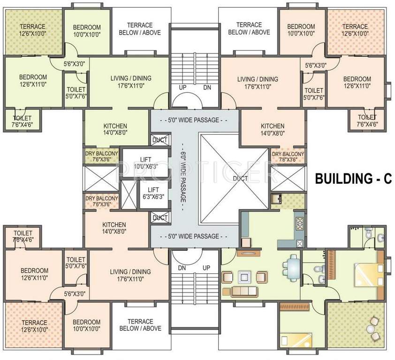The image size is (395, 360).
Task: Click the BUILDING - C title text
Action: (x=353, y=179)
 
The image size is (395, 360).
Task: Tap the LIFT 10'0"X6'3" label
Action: (x=145, y=163)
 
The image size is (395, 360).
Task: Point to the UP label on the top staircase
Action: (x=182, y=87)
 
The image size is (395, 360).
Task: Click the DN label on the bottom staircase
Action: (x=182, y=268)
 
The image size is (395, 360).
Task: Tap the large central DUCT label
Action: (x=240, y=179)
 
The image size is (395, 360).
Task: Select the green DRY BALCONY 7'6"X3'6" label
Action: (x=101, y=157)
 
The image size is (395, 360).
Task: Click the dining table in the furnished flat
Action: (x=292, y=268)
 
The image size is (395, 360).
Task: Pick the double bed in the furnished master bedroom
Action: (x=367, y=275)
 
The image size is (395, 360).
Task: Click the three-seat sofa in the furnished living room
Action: (x=244, y=292)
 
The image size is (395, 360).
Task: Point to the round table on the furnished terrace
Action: (x=370, y=329)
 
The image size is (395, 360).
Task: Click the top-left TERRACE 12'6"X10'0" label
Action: (x=33, y=30)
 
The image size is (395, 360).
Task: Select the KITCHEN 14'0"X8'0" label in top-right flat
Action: (x=273, y=129)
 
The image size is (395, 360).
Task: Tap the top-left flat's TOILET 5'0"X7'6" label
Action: (x=76, y=93)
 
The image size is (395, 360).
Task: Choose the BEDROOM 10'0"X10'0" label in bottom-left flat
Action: (x=86, y=325)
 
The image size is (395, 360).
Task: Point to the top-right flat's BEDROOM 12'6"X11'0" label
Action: (x=357, y=82)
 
